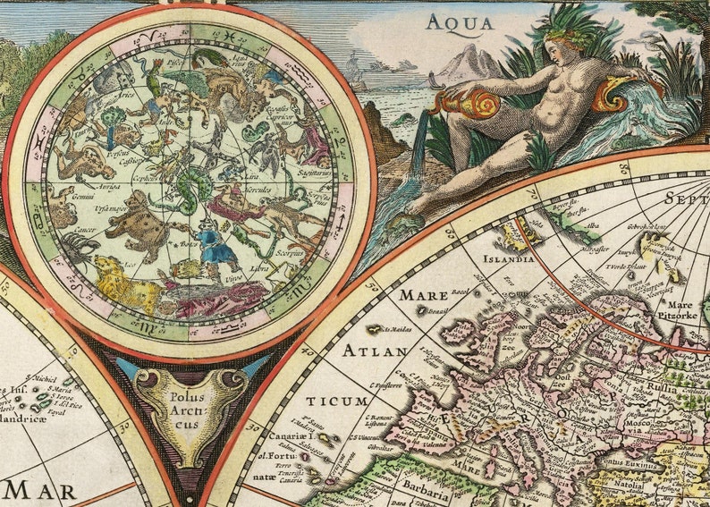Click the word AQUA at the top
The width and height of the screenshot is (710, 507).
click(x=460, y=22)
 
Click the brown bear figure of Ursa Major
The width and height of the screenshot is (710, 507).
click(x=134, y=218)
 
